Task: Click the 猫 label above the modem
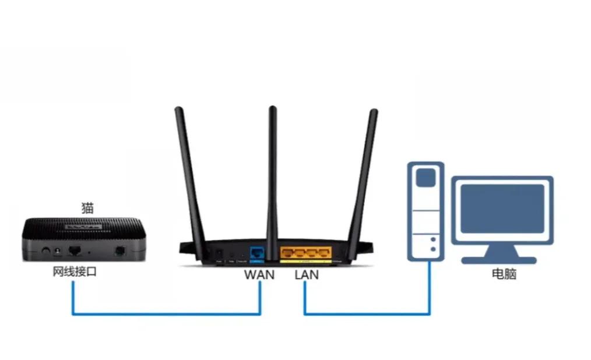(x=87, y=207)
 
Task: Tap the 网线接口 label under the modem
(x=75, y=271)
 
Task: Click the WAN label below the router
(x=259, y=274)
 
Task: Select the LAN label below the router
(x=307, y=274)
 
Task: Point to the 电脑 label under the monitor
(x=504, y=274)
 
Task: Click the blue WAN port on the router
(x=257, y=253)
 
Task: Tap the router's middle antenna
(x=272, y=175)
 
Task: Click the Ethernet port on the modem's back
(x=75, y=251)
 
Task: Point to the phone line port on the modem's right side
(x=120, y=251)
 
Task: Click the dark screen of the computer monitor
(x=502, y=209)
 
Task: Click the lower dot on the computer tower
(x=432, y=249)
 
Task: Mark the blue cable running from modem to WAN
(x=166, y=315)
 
